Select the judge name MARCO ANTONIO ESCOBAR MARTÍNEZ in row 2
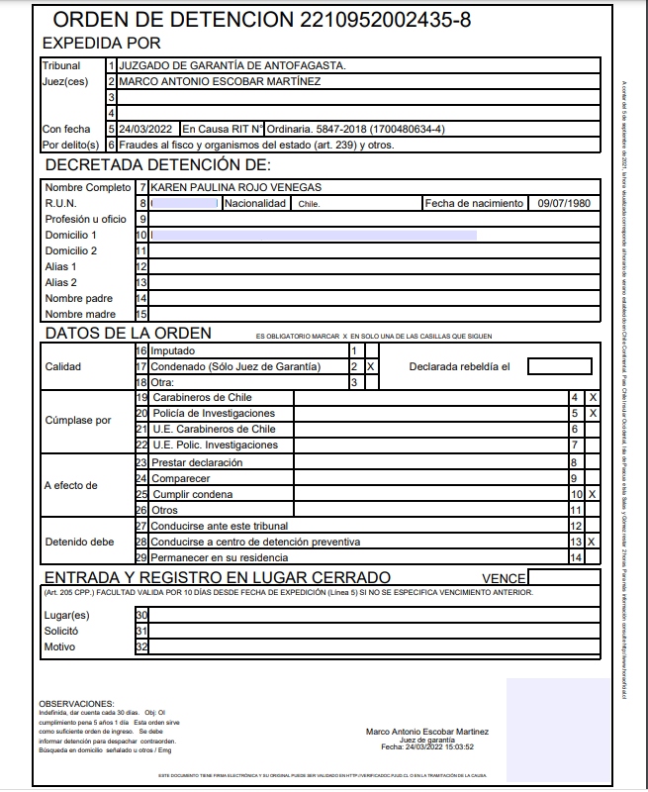219,81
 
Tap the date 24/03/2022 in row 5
145,129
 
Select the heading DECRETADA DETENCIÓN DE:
158,164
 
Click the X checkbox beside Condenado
371,366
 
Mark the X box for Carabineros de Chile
593,397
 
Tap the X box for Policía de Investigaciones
593,413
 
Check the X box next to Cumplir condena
593,493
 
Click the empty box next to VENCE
563,578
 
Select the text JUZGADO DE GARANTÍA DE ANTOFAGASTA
232,65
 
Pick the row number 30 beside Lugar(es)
141,615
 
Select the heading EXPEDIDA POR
101,44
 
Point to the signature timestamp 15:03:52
457,747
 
